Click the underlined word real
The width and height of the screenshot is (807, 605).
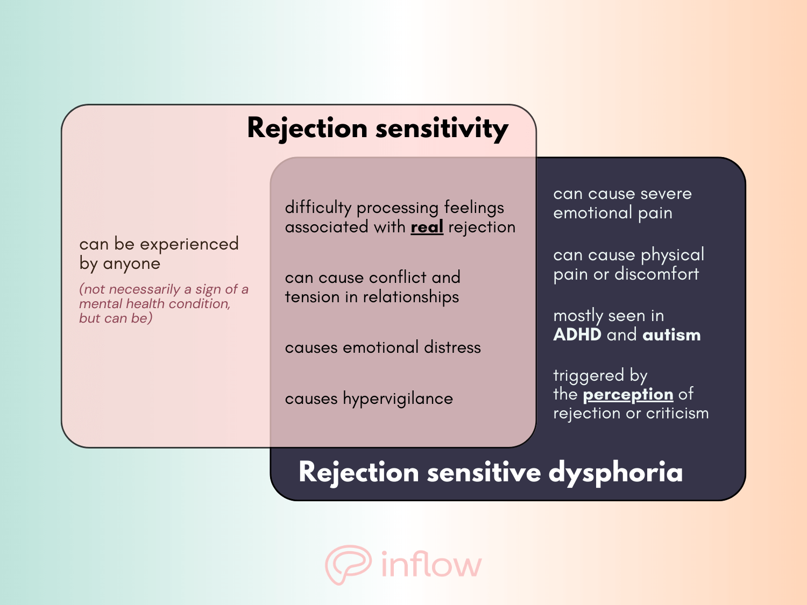click(x=427, y=227)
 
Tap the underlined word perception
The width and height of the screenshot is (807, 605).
click(x=628, y=395)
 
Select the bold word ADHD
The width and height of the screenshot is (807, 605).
click(x=577, y=335)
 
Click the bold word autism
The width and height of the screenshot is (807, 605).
click(x=671, y=335)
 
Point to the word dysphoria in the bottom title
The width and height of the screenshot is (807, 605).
click(x=615, y=473)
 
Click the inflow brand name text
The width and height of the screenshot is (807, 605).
click(x=431, y=565)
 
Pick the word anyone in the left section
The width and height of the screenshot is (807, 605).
click(x=131, y=264)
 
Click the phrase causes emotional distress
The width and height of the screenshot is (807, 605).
click(x=383, y=347)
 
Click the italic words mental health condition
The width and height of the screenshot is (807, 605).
click(x=154, y=304)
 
